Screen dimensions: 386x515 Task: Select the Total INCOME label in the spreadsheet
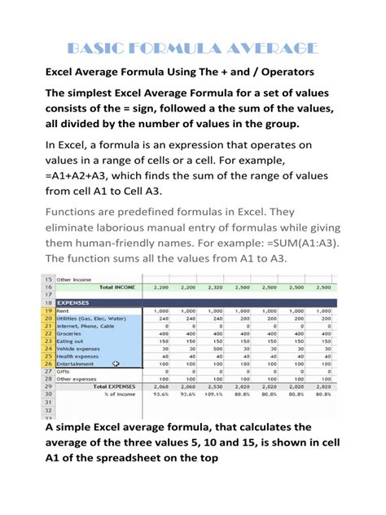pyautogui.click(x=116, y=287)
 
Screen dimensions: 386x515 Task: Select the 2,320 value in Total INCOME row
pyautogui.click(x=214, y=287)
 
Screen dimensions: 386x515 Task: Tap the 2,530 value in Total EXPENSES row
pyautogui.click(x=214, y=386)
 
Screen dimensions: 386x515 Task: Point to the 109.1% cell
pyautogui.click(x=214, y=394)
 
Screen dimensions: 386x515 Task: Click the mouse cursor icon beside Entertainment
pyautogui.click(x=116, y=363)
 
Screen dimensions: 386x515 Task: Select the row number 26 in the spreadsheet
pyautogui.click(x=48, y=363)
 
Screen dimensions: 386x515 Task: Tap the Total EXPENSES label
pyautogui.click(x=113, y=386)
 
